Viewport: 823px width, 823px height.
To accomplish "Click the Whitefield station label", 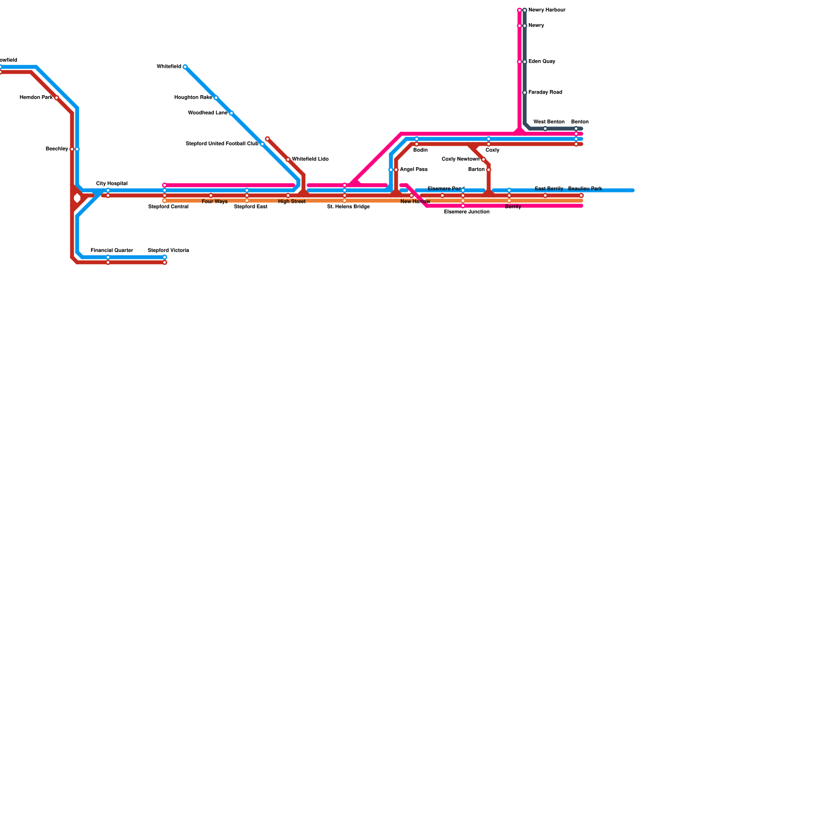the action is [x=169, y=67].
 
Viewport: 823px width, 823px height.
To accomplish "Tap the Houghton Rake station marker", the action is [x=216, y=98].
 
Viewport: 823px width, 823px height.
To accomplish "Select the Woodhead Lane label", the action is [x=208, y=113].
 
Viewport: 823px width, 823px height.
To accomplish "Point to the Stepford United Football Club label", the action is [x=222, y=144].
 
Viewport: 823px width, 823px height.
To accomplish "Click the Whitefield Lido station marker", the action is [x=288, y=159].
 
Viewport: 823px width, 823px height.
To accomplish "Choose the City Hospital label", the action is [x=112, y=184].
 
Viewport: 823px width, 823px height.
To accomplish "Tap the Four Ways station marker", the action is [x=211, y=195].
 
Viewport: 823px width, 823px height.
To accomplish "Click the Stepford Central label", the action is [x=168, y=207].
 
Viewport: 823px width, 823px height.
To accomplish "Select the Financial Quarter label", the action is [x=112, y=251].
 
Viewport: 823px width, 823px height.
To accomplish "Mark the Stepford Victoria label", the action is [x=168, y=251].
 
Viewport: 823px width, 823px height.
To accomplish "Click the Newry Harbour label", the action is [x=547, y=10].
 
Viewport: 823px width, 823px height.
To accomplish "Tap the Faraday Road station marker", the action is [x=525, y=93].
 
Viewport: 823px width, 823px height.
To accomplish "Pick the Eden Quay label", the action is [x=542, y=62].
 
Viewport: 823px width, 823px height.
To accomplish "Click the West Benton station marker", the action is [x=545, y=129].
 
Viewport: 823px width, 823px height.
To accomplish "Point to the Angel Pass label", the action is [x=414, y=170].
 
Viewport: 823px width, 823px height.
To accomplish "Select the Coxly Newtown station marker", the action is [x=484, y=159].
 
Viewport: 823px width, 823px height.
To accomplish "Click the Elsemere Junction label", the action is [x=467, y=212].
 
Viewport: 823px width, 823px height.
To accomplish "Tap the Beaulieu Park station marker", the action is [x=581, y=195].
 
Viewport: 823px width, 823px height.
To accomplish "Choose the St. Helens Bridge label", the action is [x=348, y=207].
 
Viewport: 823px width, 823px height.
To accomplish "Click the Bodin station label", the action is [x=420, y=150].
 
